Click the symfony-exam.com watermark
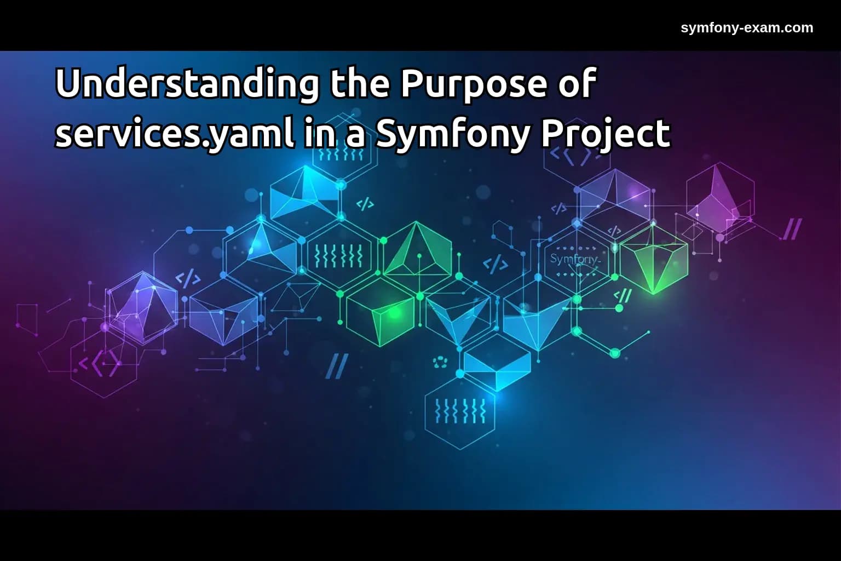pos(747,27)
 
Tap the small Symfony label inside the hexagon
pos(575,259)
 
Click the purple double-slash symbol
pos(792,229)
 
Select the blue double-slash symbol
pos(337,365)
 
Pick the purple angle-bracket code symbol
pos(99,363)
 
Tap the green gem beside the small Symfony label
pos(654,262)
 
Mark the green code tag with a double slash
pos(623,296)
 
